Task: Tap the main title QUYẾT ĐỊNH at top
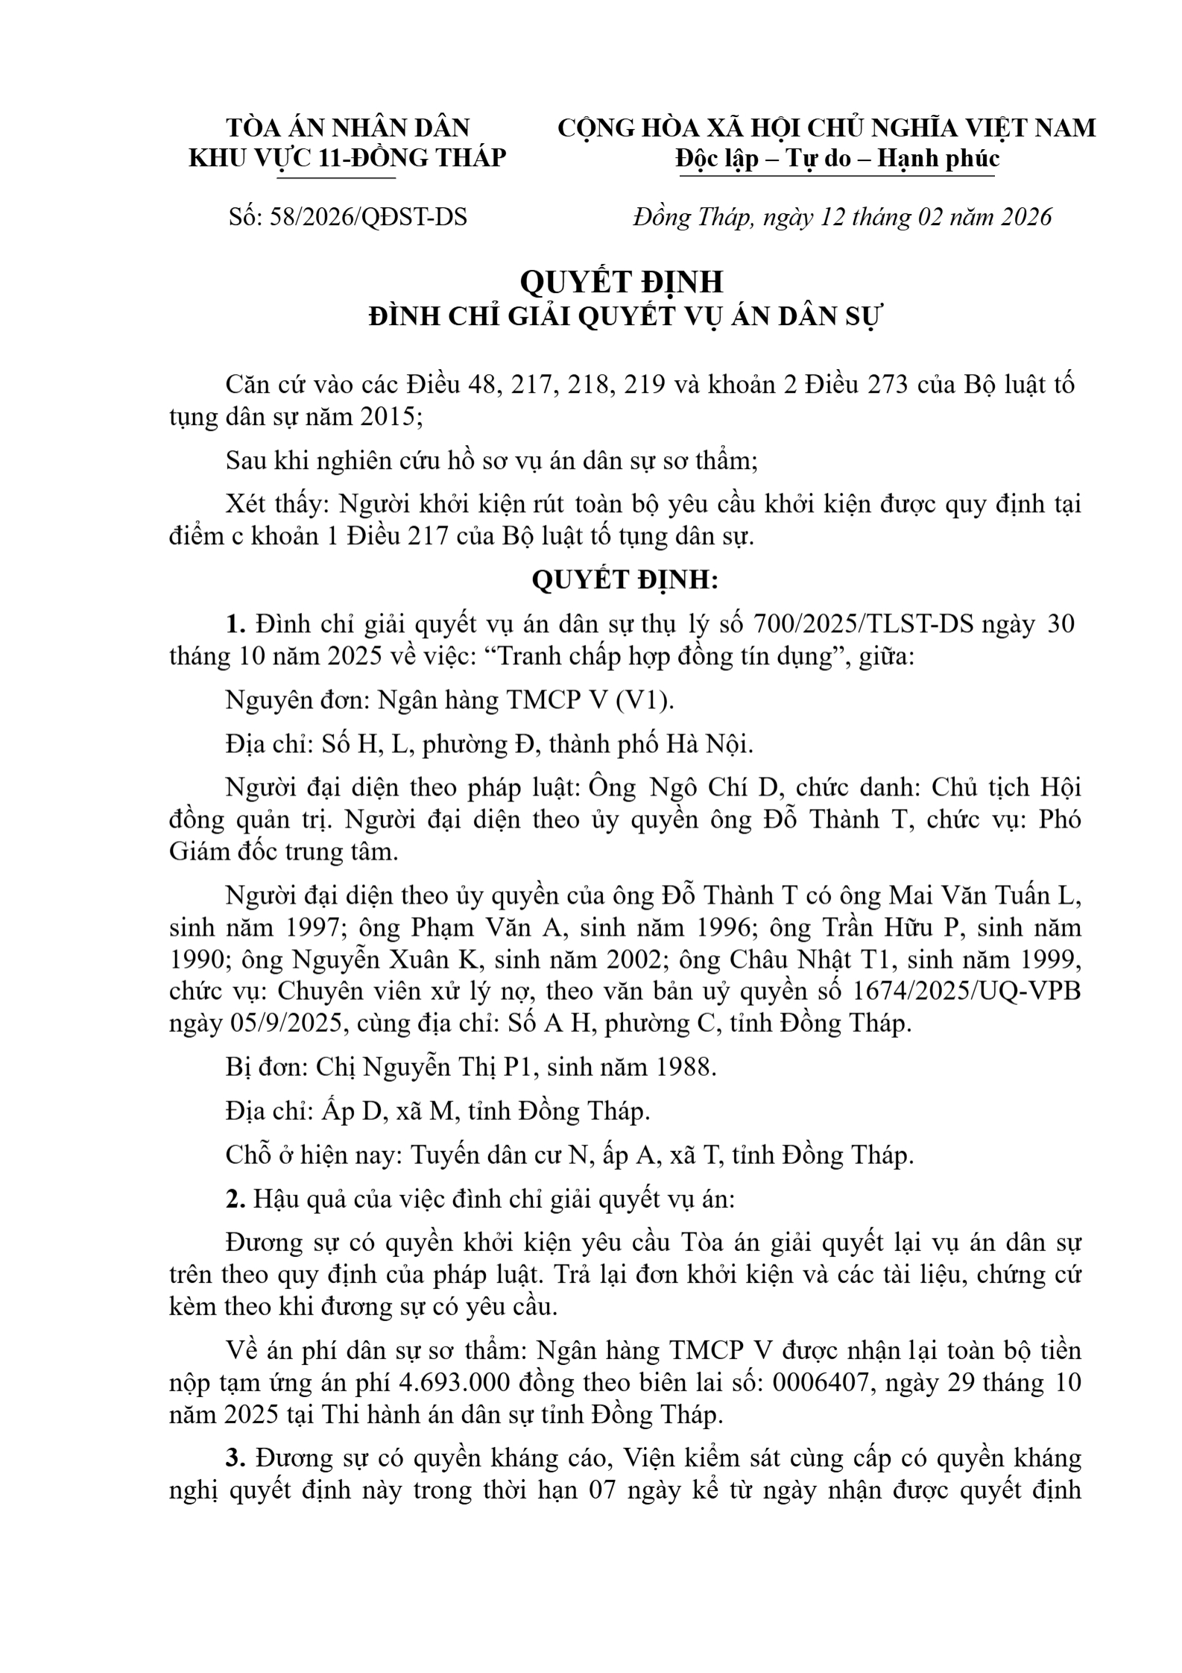point(621,282)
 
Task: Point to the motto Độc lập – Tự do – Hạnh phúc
point(837,158)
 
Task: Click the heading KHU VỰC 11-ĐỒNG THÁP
point(347,158)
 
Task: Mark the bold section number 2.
point(236,1199)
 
